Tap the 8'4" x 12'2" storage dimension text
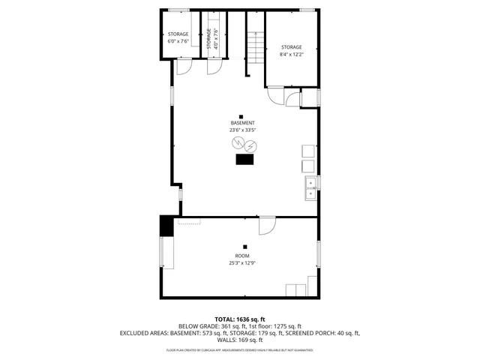coord(291,54)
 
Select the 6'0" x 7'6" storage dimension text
coord(178,41)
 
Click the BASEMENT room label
coord(242,123)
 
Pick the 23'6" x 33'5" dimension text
coord(242,130)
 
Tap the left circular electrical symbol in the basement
coord(236,143)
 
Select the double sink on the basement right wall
coord(310,188)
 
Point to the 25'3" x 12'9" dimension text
coord(242,262)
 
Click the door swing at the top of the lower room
coord(267,225)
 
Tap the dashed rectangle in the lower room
coord(189,221)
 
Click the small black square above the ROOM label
coord(244,246)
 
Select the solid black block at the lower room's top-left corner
coord(166,225)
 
